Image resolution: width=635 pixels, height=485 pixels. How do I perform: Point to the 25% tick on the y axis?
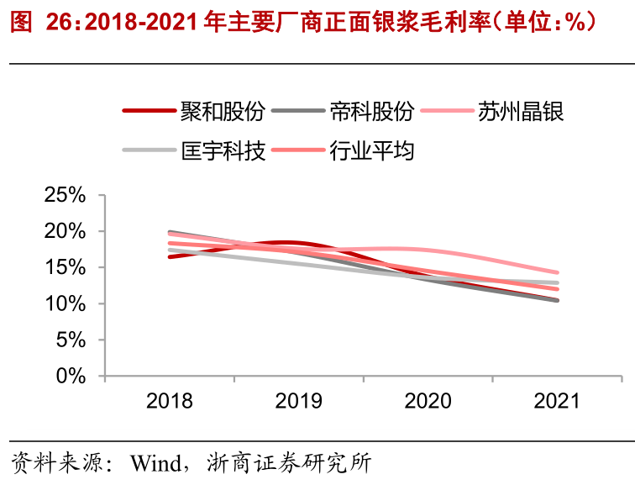tap(65, 195)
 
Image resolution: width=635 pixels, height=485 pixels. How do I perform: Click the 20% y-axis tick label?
tap(65, 231)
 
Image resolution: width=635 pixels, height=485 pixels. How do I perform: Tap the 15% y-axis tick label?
tap(65, 267)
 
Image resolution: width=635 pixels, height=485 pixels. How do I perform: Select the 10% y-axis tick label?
tap(65, 303)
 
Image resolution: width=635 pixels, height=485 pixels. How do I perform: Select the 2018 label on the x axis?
tap(169, 401)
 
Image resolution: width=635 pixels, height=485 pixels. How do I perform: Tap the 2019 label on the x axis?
tap(298, 401)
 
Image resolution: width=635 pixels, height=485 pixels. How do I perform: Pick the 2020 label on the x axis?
tap(428, 401)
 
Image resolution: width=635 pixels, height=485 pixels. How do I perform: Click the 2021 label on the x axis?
tap(557, 401)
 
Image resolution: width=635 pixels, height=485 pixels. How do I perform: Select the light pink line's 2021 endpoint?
tap(557, 272)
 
